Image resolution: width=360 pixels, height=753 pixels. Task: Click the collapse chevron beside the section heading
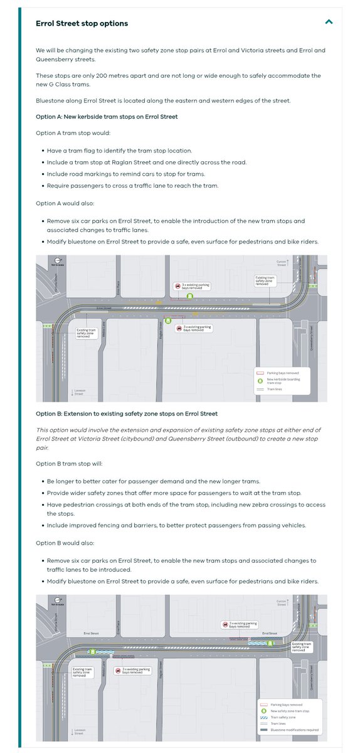pyautogui.click(x=329, y=23)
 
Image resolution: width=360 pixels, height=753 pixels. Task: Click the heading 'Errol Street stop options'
pyautogui.click(x=82, y=23)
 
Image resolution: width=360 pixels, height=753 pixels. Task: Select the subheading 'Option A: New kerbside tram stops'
pyautogui.click(x=107, y=117)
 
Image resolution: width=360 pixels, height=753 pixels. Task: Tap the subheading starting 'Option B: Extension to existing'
pyautogui.click(x=127, y=414)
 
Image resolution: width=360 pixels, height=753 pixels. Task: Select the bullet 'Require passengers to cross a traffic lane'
pyautogui.click(x=133, y=185)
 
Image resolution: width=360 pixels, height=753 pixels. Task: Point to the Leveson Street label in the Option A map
pyautogui.click(x=78, y=392)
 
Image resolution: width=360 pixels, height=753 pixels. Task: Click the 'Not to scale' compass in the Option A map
pyautogui.click(x=56, y=262)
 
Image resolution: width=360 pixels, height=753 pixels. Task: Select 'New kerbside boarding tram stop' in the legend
pyautogui.click(x=285, y=381)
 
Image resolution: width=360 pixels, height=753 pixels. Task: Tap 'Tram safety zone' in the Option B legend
pyautogui.click(x=282, y=716)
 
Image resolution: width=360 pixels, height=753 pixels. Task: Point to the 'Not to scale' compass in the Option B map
pyautogui.click(x=56, y=602)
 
